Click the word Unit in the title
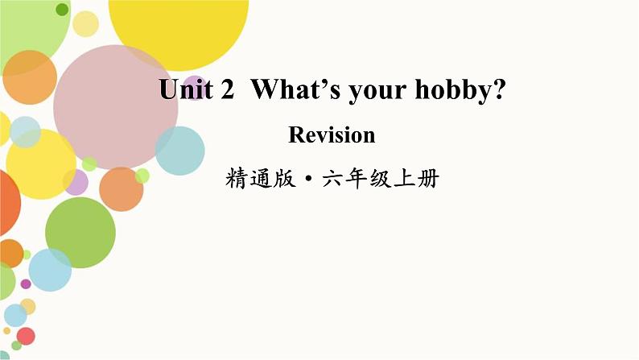pyautogui.click(x=183, y=91)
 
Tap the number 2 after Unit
pyautogui.click(x=226, y=91)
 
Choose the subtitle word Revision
pyautogui.click(x=332, y=135)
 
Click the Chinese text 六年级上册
pyautogui.click(x=380, y=179)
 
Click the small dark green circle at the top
pyautogui.click(x=61, y=10)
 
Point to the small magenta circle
pyautogui.click(x=26, y=283)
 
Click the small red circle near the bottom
pyautogui.click(x=26, y=336)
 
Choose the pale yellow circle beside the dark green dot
pyautogui.click(x=85, y=23)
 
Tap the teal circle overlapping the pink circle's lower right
pyautogui.click(x=179, y=151)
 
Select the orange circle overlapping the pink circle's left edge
pyautogui.click(x=30, y=78)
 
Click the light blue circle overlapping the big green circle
pyautogui.click(x=50, y=271)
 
